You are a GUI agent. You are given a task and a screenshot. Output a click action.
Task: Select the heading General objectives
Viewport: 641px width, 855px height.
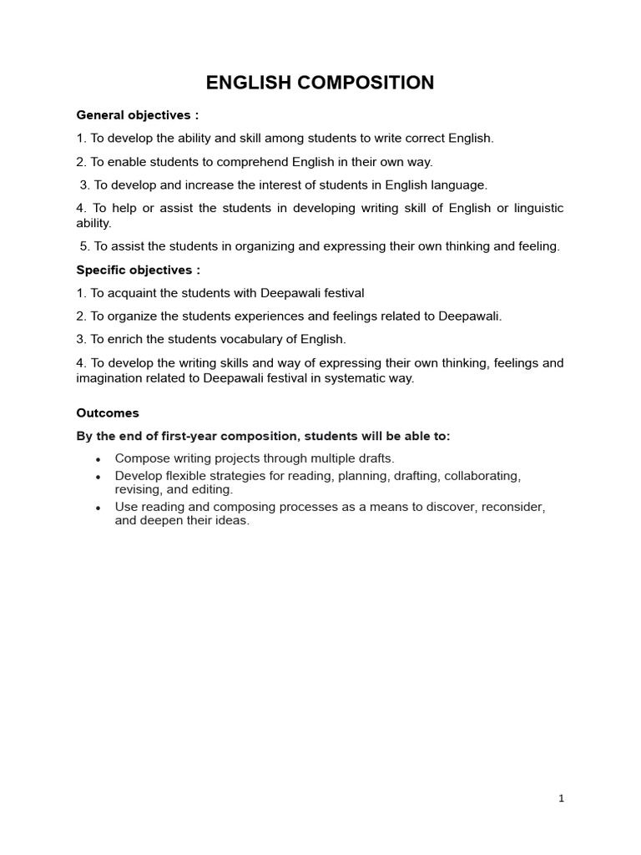click(138, 115)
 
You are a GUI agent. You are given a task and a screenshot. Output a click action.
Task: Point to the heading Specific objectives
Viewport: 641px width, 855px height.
click(138, 270)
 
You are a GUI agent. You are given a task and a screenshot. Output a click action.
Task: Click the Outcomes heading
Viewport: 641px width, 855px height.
click(108, 413)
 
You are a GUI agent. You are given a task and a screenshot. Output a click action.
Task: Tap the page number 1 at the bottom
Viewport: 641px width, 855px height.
click(562, 798)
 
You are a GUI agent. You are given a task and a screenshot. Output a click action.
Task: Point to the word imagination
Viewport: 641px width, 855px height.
click(109, 378)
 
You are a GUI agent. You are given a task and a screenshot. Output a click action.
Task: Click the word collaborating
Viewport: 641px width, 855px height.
click(482, 476)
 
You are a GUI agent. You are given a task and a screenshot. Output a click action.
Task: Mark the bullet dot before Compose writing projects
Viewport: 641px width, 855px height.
click(98, 459)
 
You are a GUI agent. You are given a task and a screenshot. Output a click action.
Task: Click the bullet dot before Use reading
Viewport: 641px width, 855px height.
click(98, 508)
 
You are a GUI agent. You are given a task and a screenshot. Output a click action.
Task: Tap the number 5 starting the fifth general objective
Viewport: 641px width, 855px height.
click(83, 246)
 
